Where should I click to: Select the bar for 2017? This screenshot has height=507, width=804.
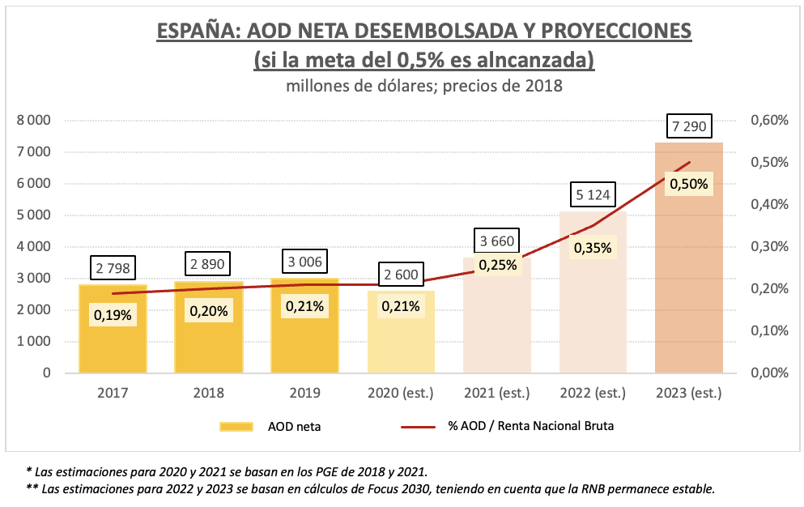pyautogui.click(x=113, y=340)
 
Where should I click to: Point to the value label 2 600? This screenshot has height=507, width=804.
pyautogui.click(x=401, y=275)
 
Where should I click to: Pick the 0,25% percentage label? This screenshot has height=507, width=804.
pyautogui.click(x=497, y=265)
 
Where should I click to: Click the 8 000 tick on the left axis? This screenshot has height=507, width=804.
pyautogui.click(x=33, y=121)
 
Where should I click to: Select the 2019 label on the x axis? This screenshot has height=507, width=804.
pyautogui.click(x=304, y=394)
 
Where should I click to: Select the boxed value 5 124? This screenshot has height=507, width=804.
pyautogui.click(x=592, y=195)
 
